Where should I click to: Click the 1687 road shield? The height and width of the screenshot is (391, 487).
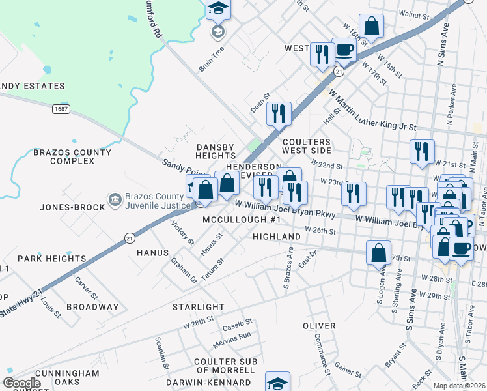(62, 109)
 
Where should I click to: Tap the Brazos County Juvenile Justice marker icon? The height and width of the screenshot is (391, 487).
(115, 199)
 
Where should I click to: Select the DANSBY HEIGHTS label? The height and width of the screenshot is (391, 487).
(216, 152)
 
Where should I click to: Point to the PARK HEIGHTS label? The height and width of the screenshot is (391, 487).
(52, 259)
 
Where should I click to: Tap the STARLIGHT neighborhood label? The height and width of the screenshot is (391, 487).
(198, 306)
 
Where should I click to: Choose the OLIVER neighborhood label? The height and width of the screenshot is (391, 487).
(319, 325)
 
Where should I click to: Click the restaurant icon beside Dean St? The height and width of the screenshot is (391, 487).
(278, 113)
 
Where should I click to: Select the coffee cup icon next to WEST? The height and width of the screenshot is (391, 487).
(344, 50)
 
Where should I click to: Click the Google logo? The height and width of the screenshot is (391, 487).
(21, 383)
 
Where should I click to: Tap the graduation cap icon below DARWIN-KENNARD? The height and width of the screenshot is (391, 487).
(278, 383)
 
